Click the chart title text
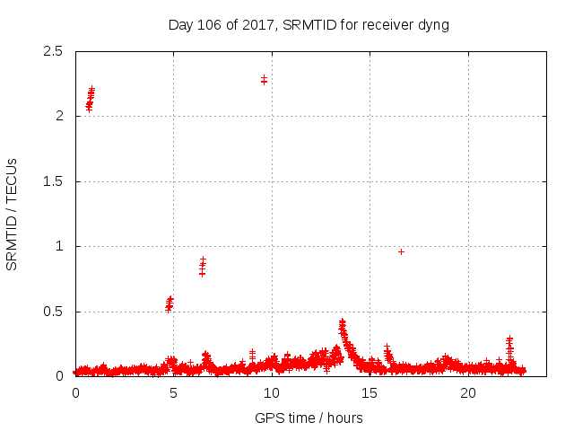coord(309,24)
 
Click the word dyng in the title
coord(433,24)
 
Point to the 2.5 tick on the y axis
coord(52,51)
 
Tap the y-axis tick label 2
coord(58,116)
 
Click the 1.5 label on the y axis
coord(52,181)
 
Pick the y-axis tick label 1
coord(58,246)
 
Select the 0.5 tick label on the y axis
coord(52,312)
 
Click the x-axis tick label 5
coord(173,393)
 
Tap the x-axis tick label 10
coord(271,393)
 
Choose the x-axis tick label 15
coord(370,393)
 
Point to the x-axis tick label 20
coord(467,393)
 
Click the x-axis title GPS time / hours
coord(309,418)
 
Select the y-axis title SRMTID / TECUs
coord(13,214)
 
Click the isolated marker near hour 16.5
coord(401,251)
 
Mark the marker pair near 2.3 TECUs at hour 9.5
coord(264,80)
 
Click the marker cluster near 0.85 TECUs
coord(203,266)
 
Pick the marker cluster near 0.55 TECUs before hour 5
coord(170,303)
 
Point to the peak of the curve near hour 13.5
coord(342,321)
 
